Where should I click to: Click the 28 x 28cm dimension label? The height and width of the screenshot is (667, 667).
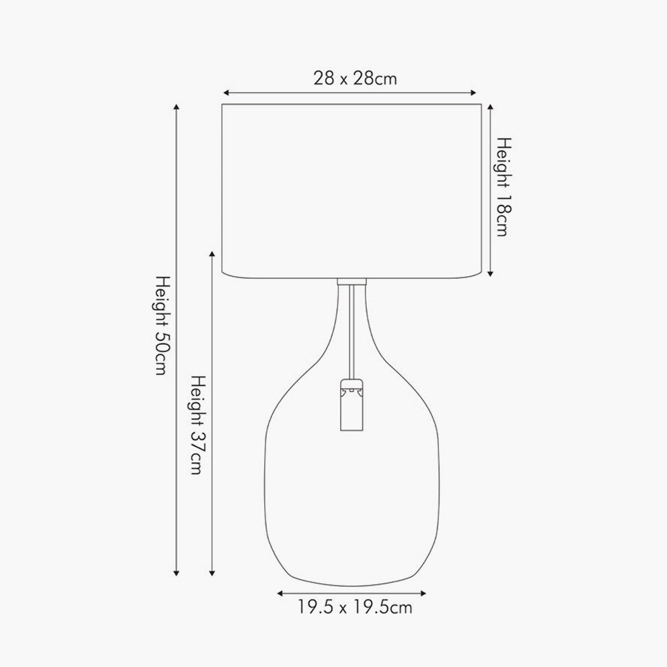click(355, 78)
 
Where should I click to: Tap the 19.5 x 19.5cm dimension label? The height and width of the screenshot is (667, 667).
click(355, 607)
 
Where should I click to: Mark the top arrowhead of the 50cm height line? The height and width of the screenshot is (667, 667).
click(176, 107)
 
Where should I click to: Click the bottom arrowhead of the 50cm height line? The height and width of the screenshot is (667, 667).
click(176, 574)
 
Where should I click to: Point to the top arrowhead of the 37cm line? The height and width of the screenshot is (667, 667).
click(213, 255)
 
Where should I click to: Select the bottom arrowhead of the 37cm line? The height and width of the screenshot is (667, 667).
click(213, 574)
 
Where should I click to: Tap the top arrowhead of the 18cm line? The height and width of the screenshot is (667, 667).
click(491, 107)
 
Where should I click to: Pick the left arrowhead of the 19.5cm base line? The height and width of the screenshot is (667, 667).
click(281, 592)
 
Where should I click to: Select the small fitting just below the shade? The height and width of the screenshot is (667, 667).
click(352, 282)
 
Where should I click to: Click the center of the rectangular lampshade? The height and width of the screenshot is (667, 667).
click(352, 191)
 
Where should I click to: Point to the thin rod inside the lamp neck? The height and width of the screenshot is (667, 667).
click(351, 340)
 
